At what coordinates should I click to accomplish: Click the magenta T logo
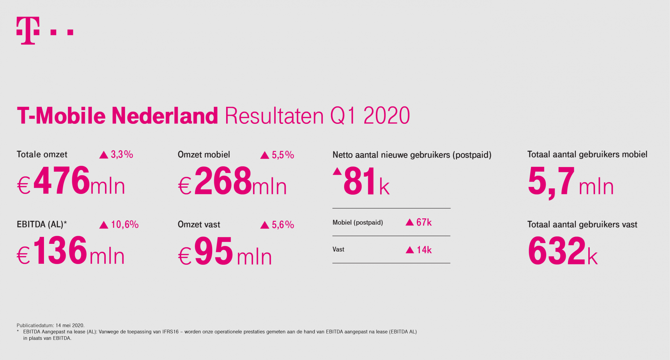[28, 31]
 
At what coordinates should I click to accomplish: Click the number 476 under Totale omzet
[62, 180]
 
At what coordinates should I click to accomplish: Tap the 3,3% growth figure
[122, 155]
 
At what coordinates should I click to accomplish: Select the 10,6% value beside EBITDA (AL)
[125, 224]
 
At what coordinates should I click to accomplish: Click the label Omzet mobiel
[204, 155]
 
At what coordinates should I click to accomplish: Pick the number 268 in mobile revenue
[223, 181]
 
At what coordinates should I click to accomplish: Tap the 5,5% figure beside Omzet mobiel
[283, 155]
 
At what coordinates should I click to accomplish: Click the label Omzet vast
[199, 224]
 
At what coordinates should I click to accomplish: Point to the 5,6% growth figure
[283, 225]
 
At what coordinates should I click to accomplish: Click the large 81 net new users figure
[359, 181]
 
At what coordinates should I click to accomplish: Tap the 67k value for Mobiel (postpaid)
[424, 222]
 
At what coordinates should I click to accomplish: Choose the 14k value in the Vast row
[424, 250]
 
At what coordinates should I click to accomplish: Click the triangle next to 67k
[410, 222]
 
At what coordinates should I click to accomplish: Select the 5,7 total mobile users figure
[551, 182]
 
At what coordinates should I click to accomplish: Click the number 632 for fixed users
[557, 250]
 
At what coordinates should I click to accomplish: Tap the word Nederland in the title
[165, 115]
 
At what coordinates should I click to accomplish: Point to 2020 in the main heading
[387, 116]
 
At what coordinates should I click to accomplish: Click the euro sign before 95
[185, 256]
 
